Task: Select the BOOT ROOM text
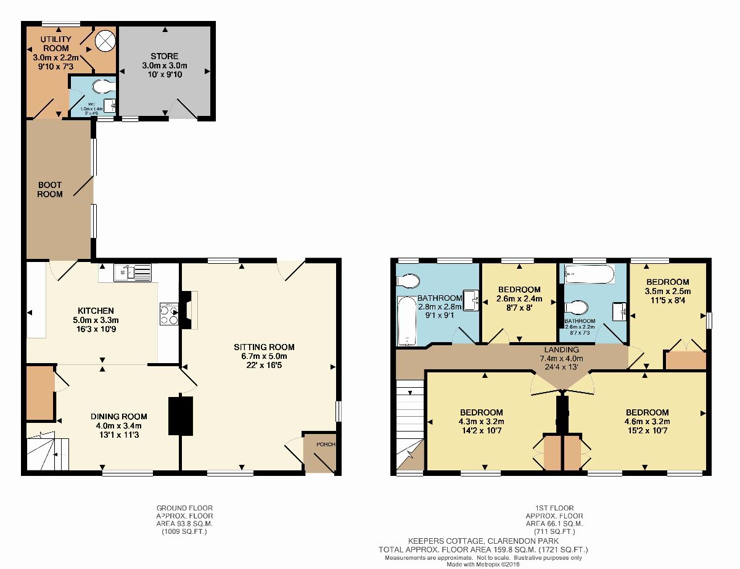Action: [x=50, y=189]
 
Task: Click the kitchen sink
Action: [x=133, y=271]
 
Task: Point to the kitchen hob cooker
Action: [x=168, y=314]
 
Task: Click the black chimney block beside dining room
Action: [x=181, y=416]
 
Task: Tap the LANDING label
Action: [x=561, y=350]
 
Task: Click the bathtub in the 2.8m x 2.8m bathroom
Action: [x=408, y=321]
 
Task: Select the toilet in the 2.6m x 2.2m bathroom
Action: [x=575, y=307]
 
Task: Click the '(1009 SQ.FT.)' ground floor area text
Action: [x=184, y=531]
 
